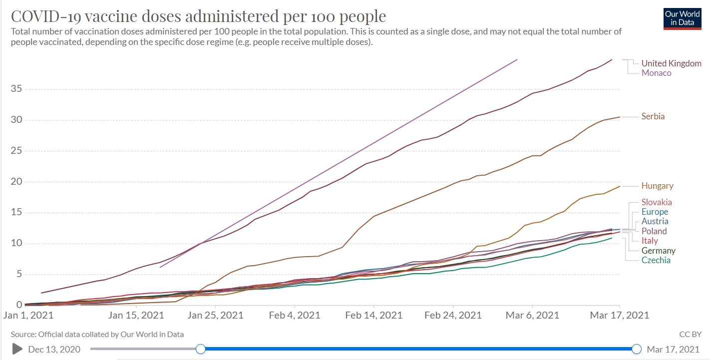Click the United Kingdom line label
pos(671,63)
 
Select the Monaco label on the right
pos(656,73)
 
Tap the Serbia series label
pos(653,116)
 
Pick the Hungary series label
pos(657,186)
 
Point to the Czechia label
pos(656,260)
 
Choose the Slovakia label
pos(657,202)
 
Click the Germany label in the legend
pos(658,251)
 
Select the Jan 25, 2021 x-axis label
pos(216,315)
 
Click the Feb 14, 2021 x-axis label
pos(374,315)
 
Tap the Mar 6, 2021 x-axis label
pos(532,315)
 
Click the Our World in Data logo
pos(682,18)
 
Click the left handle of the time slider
pos(200,349)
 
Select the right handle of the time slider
pos(637,349)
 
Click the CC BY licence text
pos(690,334)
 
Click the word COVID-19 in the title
pos(46,16)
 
